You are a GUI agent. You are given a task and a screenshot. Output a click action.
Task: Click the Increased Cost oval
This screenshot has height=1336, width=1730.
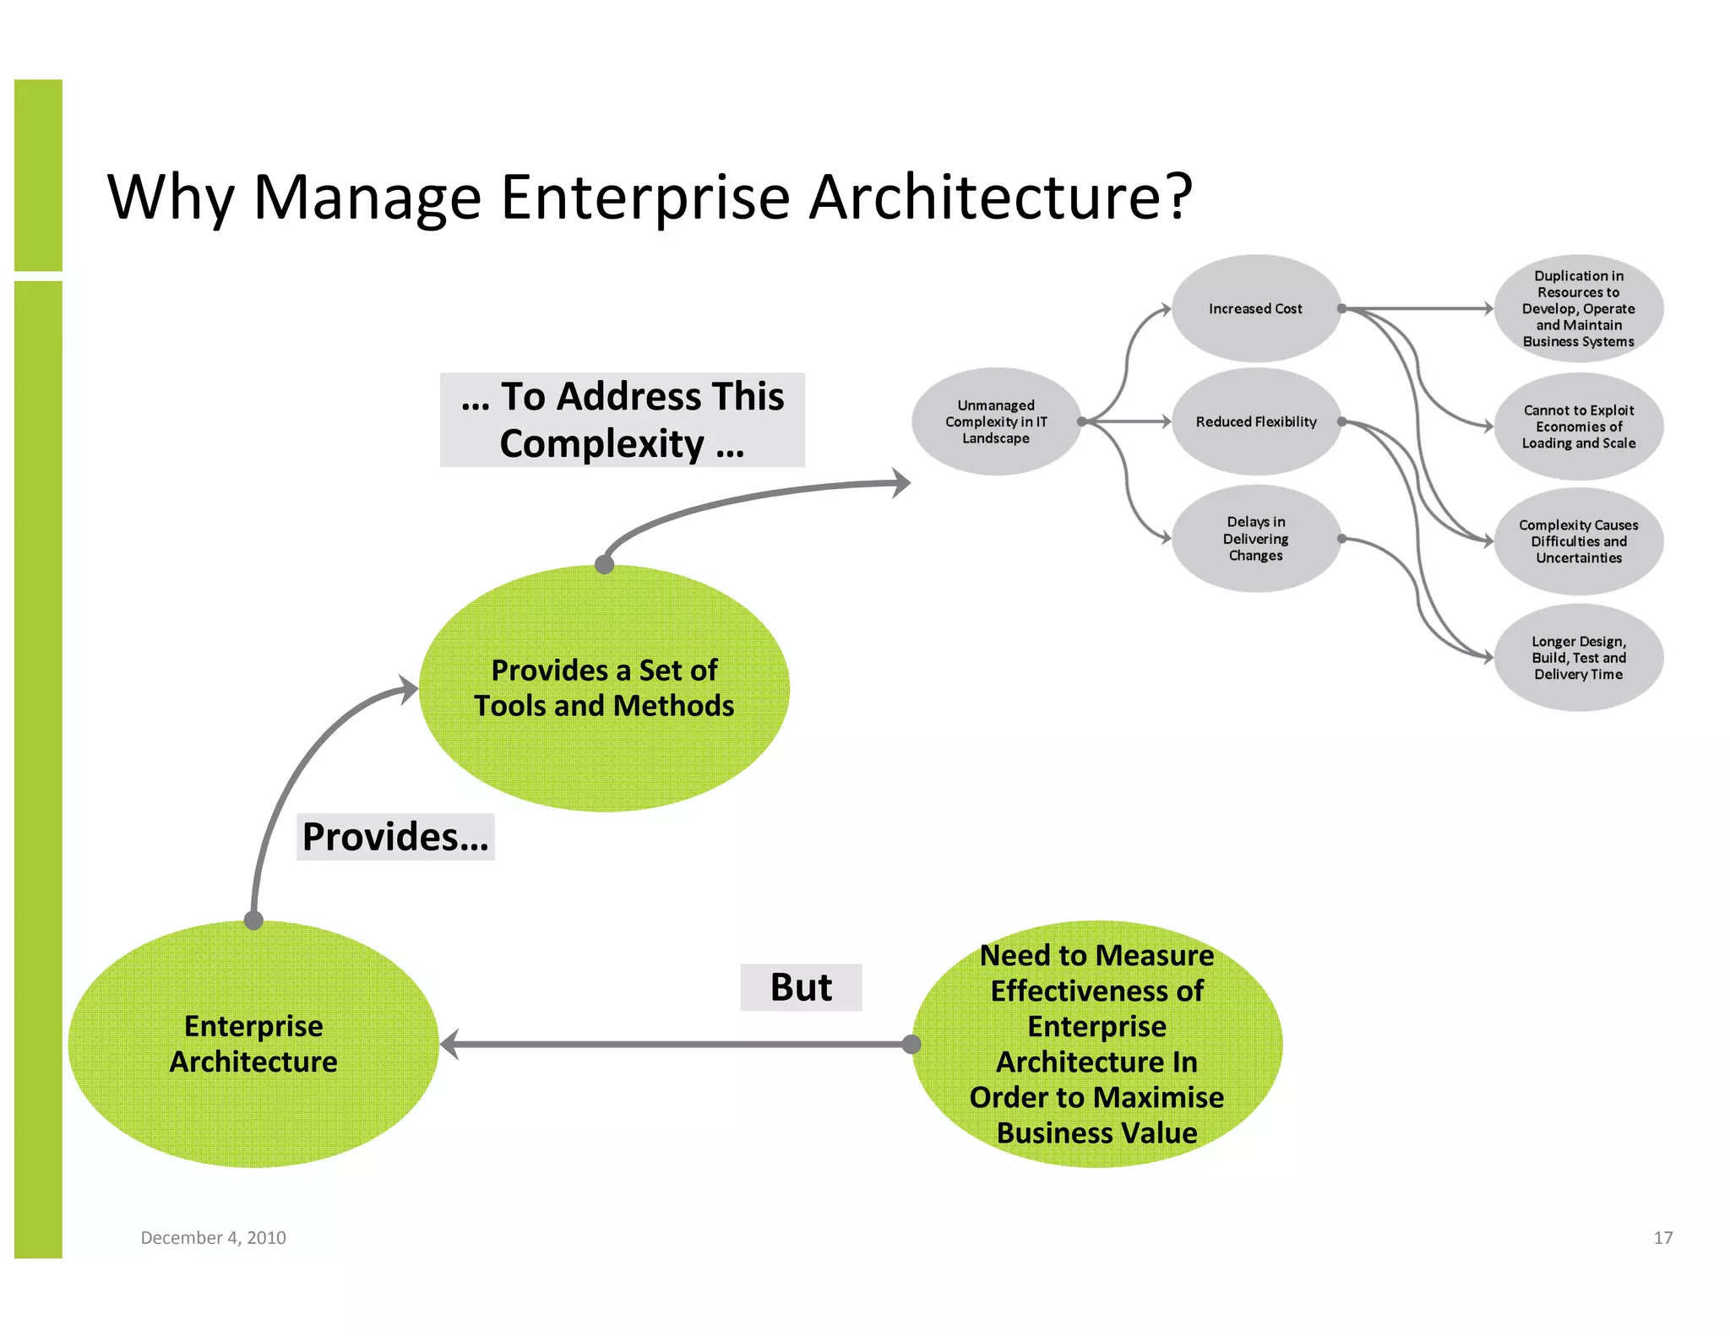click(x=1255, y=309)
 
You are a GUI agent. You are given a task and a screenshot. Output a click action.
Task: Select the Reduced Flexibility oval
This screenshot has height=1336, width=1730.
click(x=1255, y=421)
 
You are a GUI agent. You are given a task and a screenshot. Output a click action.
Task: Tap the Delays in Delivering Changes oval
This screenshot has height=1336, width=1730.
click(x=1255, y=539)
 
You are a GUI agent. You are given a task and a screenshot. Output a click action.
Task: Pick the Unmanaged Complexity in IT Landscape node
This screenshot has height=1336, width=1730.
click(x=996, y=421)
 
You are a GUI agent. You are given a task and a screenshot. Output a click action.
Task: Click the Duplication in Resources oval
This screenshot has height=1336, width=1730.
click(x=1578, y=309)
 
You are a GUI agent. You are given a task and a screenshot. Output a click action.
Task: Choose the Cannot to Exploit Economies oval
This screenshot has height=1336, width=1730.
click(x=1578, y=426)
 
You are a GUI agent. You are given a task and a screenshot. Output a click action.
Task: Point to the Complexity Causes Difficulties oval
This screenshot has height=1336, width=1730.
click(x=1578, y=541)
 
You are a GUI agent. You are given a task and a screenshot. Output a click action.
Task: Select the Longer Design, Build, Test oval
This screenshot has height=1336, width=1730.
click(x=1578, y=658)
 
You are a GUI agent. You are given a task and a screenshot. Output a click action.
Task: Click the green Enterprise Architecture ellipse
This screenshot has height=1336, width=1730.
click(x=253, y=1044)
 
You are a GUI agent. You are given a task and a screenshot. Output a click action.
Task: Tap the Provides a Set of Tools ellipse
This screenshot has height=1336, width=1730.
click(x=604, y=688)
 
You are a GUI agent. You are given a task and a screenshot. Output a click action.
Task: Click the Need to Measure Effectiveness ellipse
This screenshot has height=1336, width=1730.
click(x=1096, y=1044)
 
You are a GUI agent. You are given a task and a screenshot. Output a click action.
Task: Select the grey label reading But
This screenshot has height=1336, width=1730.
click(x=801, y=987)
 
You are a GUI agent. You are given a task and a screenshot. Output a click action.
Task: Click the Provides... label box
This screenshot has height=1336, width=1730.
click(x=395, y=837)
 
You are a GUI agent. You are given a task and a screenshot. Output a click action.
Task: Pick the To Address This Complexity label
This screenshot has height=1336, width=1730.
click(x=623, y=420)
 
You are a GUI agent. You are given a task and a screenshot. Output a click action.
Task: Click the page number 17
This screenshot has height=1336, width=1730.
click(x=1662, y=1237)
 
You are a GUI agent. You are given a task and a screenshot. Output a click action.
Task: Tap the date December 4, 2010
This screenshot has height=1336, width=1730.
click(x=213, y=1237)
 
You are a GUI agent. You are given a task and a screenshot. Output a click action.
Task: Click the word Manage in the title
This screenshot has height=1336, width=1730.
click(x=367, y=198)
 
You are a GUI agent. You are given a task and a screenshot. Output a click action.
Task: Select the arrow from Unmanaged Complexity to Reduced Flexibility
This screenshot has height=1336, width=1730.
click(x=1128, y=421)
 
